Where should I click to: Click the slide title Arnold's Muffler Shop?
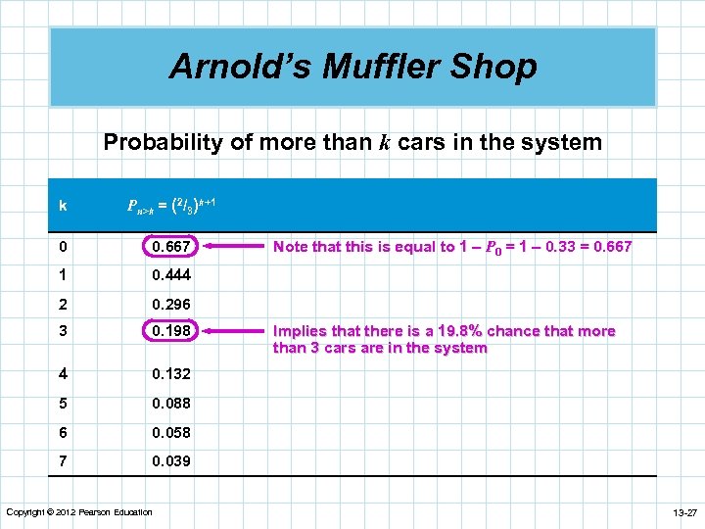[352, 67]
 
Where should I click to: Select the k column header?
[63, 206]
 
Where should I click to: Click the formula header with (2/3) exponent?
[172, 205]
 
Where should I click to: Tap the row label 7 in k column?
[63, 461]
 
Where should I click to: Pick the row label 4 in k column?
[63, 374]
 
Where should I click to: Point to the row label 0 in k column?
[63, 246]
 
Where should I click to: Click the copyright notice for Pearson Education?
[79, 512]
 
